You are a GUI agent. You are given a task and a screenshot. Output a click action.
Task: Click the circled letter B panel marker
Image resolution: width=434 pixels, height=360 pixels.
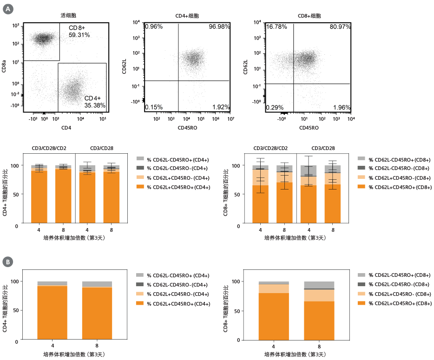click(8, 262)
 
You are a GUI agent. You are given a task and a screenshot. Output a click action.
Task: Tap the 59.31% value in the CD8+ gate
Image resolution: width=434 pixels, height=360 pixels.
click(79, 35)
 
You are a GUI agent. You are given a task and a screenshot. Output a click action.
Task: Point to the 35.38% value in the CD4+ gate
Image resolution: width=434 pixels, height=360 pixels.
click(95, 105)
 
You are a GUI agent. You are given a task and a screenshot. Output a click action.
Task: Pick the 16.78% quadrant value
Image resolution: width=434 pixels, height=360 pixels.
click(276, 27)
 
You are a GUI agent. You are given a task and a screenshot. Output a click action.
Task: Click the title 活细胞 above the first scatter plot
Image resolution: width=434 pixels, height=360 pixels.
click(68, 16)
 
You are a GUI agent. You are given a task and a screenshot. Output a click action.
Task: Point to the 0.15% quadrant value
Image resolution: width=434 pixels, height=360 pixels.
click(154, 107)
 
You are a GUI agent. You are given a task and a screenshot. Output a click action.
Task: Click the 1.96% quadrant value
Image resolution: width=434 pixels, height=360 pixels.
click(342, 108)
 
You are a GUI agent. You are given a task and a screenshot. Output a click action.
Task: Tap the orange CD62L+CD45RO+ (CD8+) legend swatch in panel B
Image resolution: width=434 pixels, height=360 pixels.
click(362, 303)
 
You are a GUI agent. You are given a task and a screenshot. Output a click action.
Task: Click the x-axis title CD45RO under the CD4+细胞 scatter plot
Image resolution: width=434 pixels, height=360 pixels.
click(187, 128)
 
